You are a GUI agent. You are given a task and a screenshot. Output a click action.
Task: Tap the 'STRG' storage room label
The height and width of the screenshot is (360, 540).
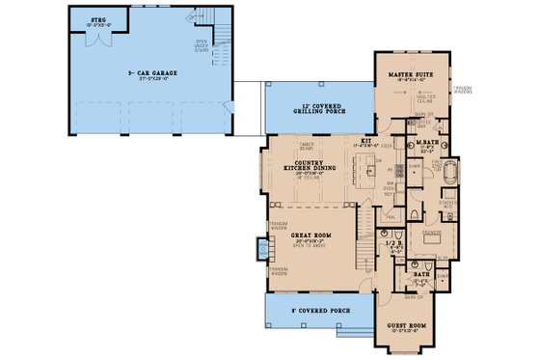point(99,19)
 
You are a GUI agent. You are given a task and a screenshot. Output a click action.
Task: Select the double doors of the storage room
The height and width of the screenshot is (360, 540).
point(97,42)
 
